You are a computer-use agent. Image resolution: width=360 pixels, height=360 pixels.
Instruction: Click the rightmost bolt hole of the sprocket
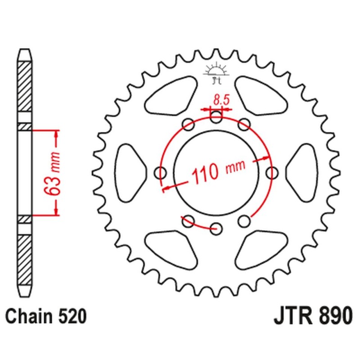click(271, 171)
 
